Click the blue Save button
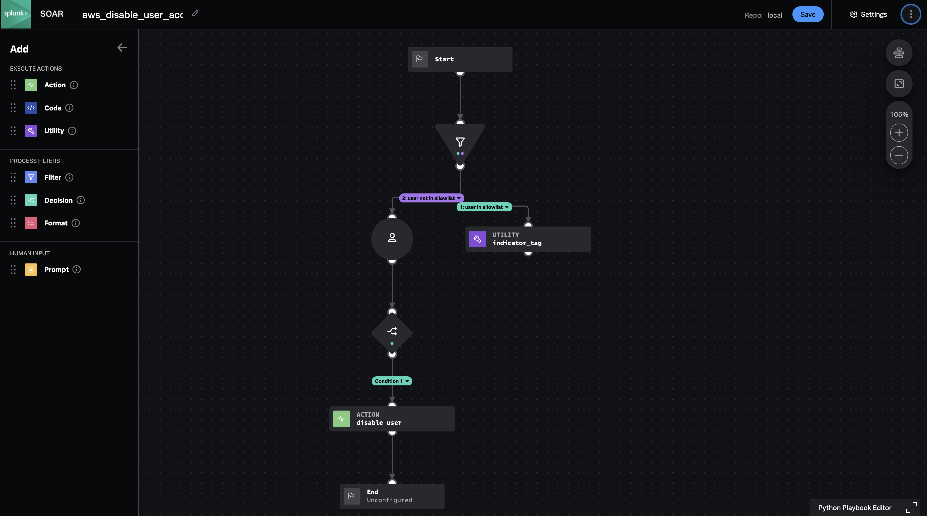808,14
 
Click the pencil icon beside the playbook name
195,13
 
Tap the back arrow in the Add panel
122,48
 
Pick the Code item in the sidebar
53,108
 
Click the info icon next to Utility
72,131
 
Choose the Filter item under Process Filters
53,177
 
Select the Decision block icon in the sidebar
31,200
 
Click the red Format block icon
31,223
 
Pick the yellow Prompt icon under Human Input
31,270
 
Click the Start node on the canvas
460,59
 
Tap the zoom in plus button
899,133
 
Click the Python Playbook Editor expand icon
911,507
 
